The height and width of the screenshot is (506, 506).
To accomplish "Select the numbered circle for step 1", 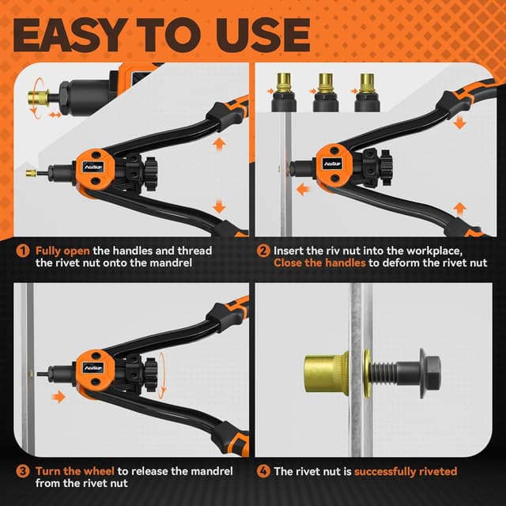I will tap(22, 251).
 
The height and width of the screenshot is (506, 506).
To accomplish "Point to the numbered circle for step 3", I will tap(22, 472).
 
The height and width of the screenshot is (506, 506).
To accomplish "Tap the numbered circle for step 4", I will tap(263, 471).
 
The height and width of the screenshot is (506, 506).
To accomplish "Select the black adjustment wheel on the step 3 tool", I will tap(150, 368).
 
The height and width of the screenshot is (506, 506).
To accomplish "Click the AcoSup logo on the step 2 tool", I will tap(333, 164).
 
